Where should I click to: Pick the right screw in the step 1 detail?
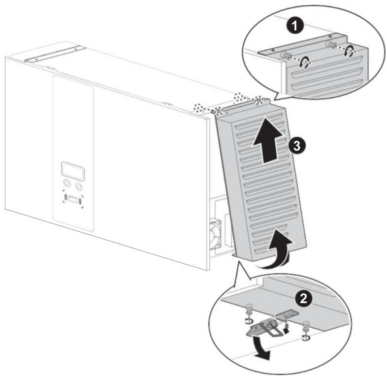point(332,45)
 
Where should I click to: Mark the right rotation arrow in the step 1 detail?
point(351,49)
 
